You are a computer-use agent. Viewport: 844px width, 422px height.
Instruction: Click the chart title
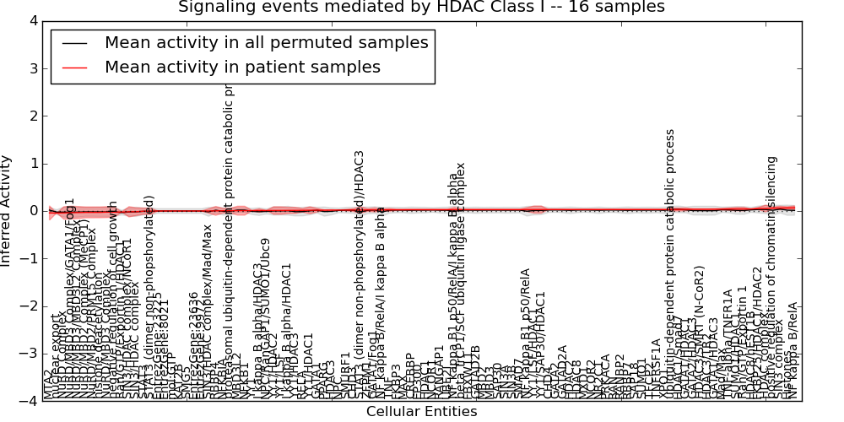click(x=421, y=8)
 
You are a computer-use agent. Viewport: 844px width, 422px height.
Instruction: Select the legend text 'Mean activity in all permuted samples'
click(x=266, y=42)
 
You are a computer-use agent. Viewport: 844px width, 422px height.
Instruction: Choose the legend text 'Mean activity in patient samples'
click(x=242, y=67)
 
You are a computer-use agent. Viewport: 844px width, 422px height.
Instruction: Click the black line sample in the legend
click(x=74, y=43)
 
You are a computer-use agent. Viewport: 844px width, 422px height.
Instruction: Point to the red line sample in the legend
click(x=74, y=68)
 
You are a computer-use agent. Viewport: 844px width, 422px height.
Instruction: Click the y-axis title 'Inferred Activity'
click(x=8, y=211)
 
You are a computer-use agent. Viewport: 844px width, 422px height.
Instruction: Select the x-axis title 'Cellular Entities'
click(x=421, y=412)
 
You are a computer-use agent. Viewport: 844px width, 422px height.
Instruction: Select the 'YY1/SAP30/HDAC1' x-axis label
click(x=541, y=346)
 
